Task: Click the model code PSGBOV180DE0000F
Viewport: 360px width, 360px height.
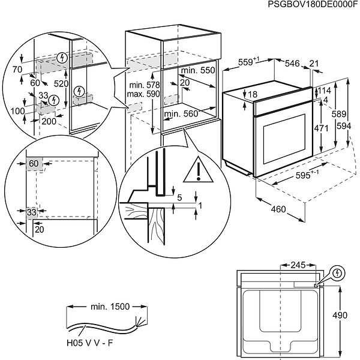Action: (x=308, y=5)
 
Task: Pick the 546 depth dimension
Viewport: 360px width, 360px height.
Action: (x=292, y=62)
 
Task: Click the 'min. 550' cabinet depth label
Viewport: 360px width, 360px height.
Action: (x=199, y=70)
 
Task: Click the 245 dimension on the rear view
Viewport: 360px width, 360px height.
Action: (x=298, y=264)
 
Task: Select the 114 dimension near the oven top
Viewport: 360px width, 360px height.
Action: (x=324, y=91)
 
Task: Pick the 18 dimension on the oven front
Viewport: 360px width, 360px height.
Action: (x=252, y=94)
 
